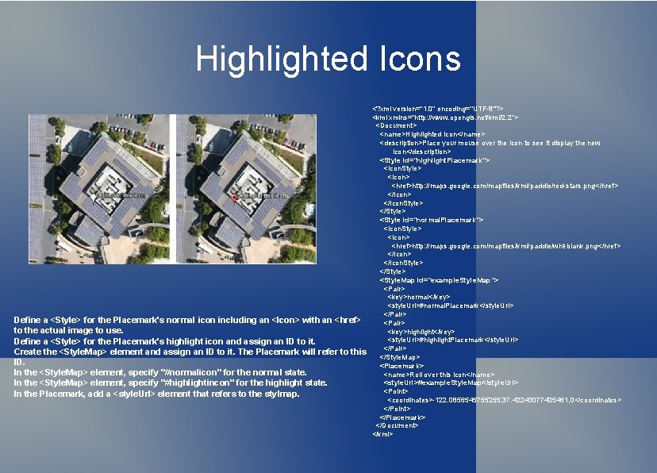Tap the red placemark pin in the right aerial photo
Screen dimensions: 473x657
click(232, 195)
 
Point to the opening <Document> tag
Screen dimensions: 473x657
click(396, 125)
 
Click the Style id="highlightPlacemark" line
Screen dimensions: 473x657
click(434, 160)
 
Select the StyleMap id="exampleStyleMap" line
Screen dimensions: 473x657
click(439, 280)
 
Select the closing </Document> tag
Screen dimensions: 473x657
click(398, 425)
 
